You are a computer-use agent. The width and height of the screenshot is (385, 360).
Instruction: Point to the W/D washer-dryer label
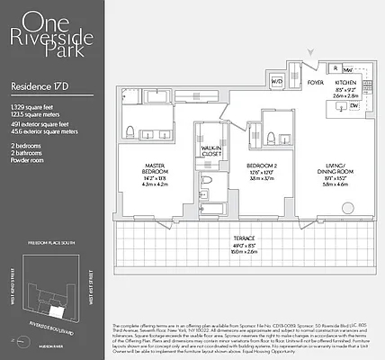pyautogui.click(x=277, y=82)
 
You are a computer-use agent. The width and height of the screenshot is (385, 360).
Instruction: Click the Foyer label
pyautogui.click(x=315, y=82)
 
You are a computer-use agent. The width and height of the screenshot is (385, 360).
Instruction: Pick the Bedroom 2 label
pyautogui.click(x=261, y=166)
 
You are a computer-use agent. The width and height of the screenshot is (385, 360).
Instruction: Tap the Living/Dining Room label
pyautogui.click(x=335, y=170)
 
